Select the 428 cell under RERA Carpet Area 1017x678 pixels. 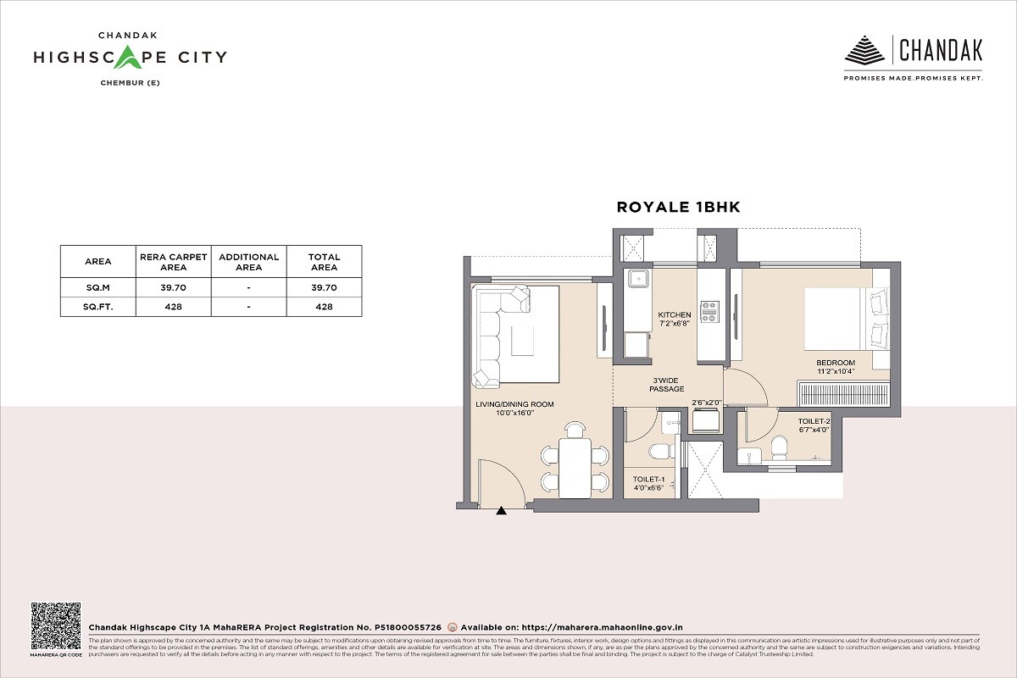tap(173, 307)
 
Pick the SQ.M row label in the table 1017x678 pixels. tap(98, 287)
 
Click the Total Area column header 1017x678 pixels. tap(324, 262)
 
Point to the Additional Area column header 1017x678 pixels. tap(248, 262)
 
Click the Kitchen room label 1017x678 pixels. tap(675, 315)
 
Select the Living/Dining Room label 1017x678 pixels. tap(514, 405)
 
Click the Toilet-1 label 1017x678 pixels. tap(649, 480)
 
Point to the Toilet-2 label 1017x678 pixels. tap(814, 421)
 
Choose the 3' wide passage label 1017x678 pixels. tap(667, 383)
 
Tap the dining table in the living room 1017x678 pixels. tap(576, 468)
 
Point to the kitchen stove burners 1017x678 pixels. tap(709, 311)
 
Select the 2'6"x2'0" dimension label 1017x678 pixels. tap(705, 403)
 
